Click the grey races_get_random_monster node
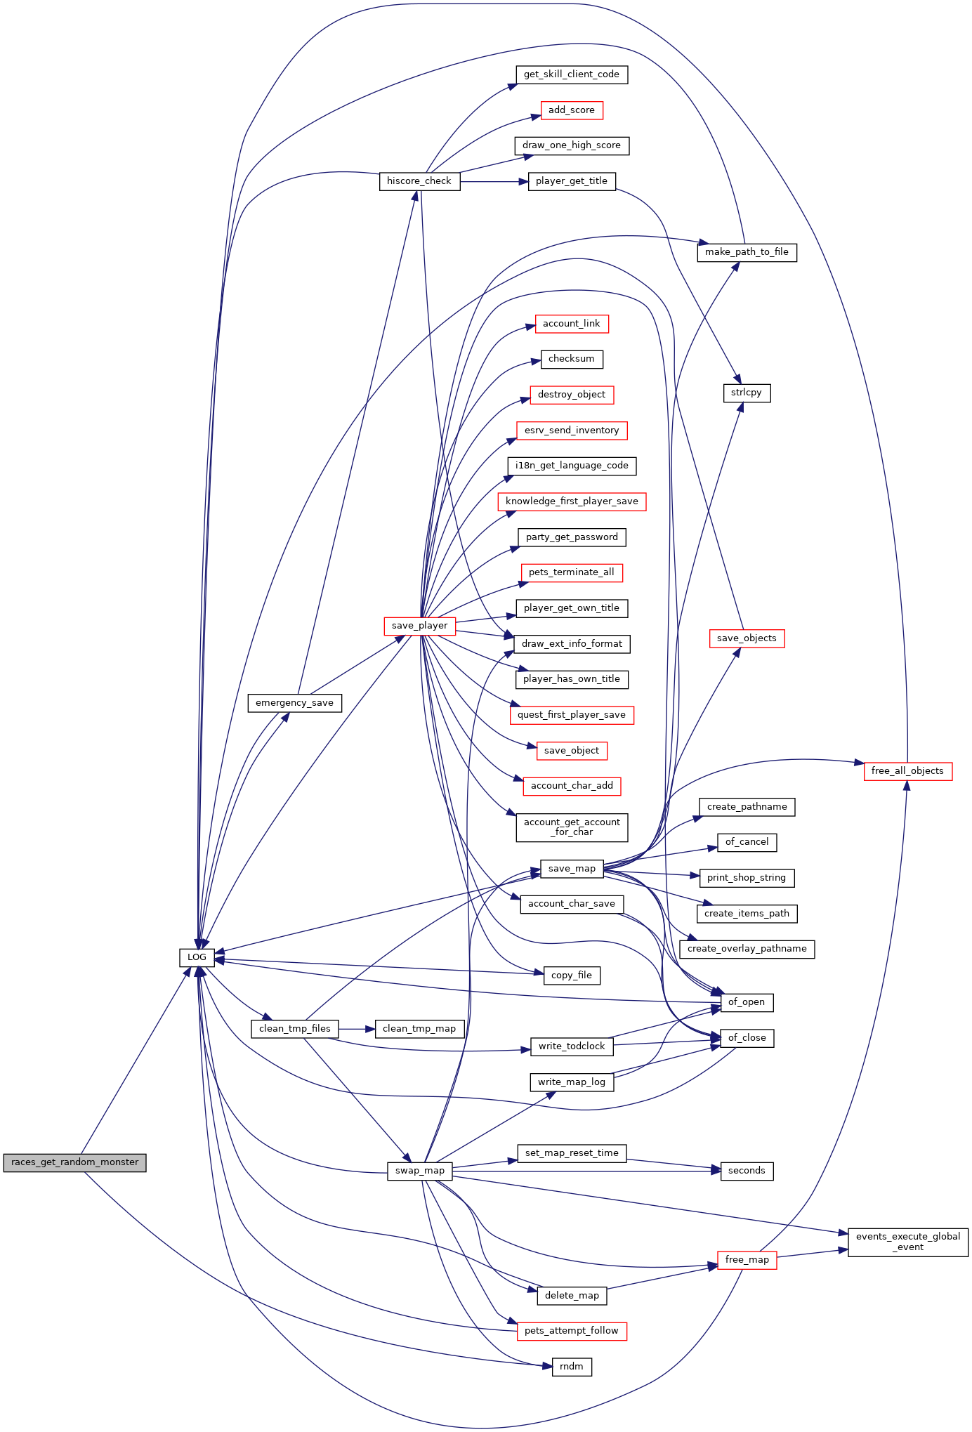pyautogui.click(x=74, y=1162)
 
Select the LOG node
pyautogui.click(x=197, y=957)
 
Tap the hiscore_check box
pyautogui.click(x=419, y=181)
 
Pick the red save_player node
pyautogui.click(x=419, y=626)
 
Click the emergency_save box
pyautogui.click(x=294, y=703)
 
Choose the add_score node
pyautogui.click(x=571, y=110)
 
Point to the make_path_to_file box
pyautogui.click(x=747, y=252)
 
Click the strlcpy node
pyautogui.click(x=747, y=393)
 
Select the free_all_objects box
pyautogui.click(x=907, y=771)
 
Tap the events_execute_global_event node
pyautogui.click(x=908, y=1242)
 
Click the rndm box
pyautogui.click(x=572, y=1367)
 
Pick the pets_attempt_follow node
pyautogui.click(x=572, y=1331)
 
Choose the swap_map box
pyautogui.click(x=419, y=1171)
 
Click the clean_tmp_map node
pyautogui.click(x=419, y=1029)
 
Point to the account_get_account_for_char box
pyautogui.click(x=572, y=827)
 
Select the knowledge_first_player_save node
pyautogui.click(x=572, y=501)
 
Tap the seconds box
pyautogui.click(x=747, y=1171)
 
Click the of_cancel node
pyautogui.click(x=747, y=842)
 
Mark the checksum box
pyautogui.click(x=572, y=359)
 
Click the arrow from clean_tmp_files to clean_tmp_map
pyautogui.click(x=357, y=1029)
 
